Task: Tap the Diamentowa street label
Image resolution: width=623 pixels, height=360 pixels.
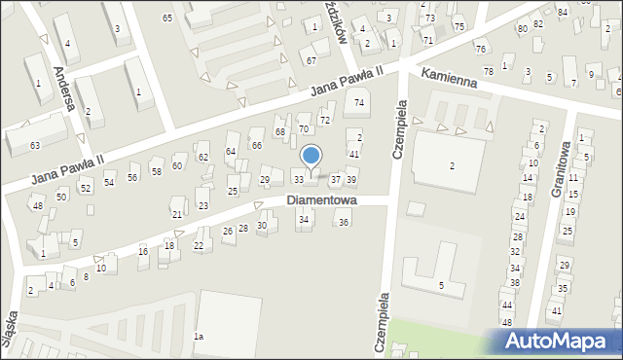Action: click(x=321, y=200)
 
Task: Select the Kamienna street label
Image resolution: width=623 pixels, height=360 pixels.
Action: click(x=449, y=77)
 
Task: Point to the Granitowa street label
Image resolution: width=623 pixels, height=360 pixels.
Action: click(x=561, y=174)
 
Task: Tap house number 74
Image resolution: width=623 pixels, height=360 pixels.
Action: click(x=359, y=103)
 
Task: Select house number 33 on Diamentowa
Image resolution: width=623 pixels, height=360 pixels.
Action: click(x=299, y=179)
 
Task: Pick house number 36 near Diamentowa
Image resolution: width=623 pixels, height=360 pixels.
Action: click(x=343, y=223)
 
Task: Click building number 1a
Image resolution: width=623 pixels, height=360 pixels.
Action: click(x=199, y=337)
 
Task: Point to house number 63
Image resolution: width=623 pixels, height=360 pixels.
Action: click(x=35, y=145)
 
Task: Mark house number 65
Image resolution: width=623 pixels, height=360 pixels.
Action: click(x=167, y=18)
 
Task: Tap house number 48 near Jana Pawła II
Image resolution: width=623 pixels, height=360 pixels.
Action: click(x=37, y=206)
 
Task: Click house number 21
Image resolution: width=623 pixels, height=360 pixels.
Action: click(x=176, y=214)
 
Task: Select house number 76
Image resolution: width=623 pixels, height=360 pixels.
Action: click(x=480, y=49)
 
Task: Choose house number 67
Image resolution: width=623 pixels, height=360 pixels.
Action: click(x=311, y=61)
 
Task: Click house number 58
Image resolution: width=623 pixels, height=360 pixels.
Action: click(x=155, y=171)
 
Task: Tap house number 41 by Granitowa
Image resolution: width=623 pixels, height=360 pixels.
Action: click(x=556, y=310)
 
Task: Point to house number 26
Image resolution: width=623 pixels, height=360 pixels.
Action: click(x=228, y=232)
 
